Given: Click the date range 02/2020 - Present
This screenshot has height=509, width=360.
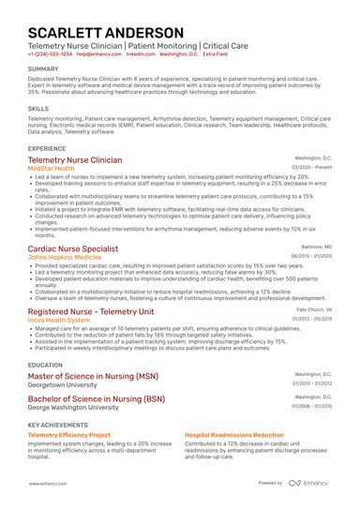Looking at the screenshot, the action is pos(310,168).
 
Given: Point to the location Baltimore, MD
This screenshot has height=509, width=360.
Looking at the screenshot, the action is pos(314,247).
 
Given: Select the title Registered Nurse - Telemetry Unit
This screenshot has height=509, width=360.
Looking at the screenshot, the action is pos(90,311).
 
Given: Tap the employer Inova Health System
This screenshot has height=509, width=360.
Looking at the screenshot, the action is pos(59,320).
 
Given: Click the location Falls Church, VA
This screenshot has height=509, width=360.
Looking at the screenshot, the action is pos(313,309).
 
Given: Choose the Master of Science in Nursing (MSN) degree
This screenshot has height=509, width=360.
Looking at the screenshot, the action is pos(93,376).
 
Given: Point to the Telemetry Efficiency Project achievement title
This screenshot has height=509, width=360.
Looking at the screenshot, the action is pos(68,435).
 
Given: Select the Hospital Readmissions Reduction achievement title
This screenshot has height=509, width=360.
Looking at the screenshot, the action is pos(233,435).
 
